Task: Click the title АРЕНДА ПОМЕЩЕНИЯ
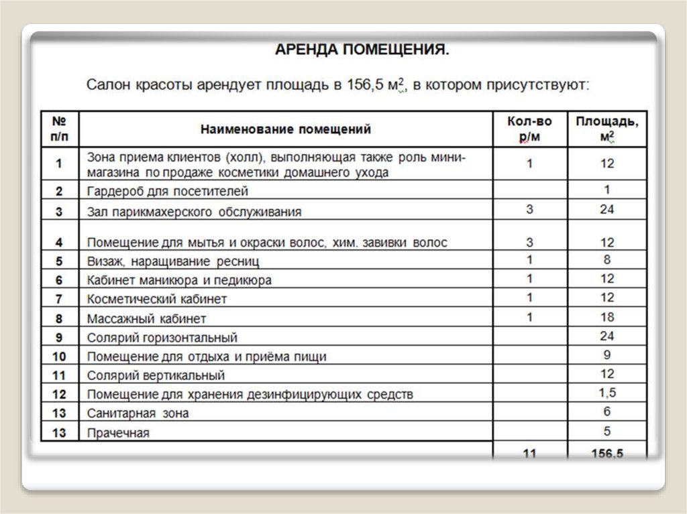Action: tap(362, 51)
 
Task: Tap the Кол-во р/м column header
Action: tap(529, 129)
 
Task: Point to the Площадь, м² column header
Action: tap(607, 129)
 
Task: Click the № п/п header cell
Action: tap(60, 129)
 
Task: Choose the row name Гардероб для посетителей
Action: tap(168, 192)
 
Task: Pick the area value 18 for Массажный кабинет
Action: tap(607, 317)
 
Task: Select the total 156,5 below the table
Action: tap(607, 454)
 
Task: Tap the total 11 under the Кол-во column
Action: tap(529, 454)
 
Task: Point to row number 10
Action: tap(60, 357)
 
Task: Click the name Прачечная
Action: tap(118, 433)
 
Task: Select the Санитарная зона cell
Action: tap(138, 413)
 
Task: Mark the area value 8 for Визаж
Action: tap(607, 259)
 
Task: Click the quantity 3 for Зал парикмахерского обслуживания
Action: tap(529, 210)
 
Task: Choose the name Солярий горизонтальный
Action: tap(162, 338)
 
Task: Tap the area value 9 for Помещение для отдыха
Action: tap(607, 355)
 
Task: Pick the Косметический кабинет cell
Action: tap(157, 299)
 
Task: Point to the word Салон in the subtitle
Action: tap(107, 86)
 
